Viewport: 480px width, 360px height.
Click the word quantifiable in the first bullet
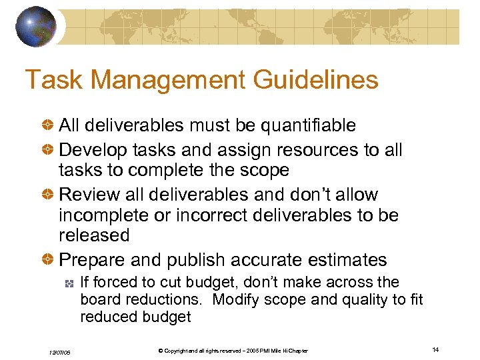[x=308, y=125]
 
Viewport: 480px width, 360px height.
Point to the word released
[x=94, y=235]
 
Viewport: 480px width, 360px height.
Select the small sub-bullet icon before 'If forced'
[x=68, y=283]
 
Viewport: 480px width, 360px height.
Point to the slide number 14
[x=436, y=350]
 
